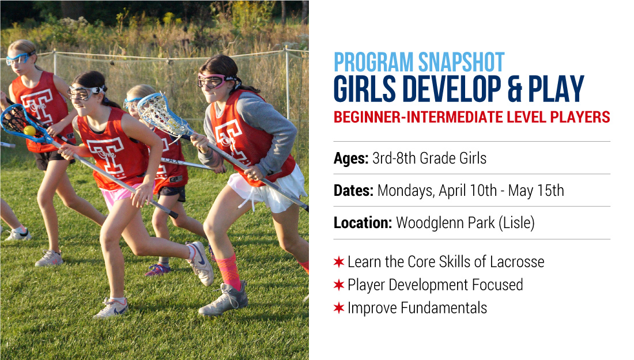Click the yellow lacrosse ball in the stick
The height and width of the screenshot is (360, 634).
click(x=29, y=131)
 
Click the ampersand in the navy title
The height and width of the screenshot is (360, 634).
click(x=514, y=89)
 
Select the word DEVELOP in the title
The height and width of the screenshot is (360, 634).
click(x=452, y=89)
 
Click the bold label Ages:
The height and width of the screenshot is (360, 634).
click(x=351, y=158)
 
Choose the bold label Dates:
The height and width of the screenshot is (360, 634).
click(x=353, y=190)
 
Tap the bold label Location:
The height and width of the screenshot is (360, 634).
click(x=363, y=223)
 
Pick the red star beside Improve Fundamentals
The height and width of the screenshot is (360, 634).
click(x=339, y=308)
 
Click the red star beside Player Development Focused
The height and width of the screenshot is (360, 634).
click(x=339, y=285)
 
